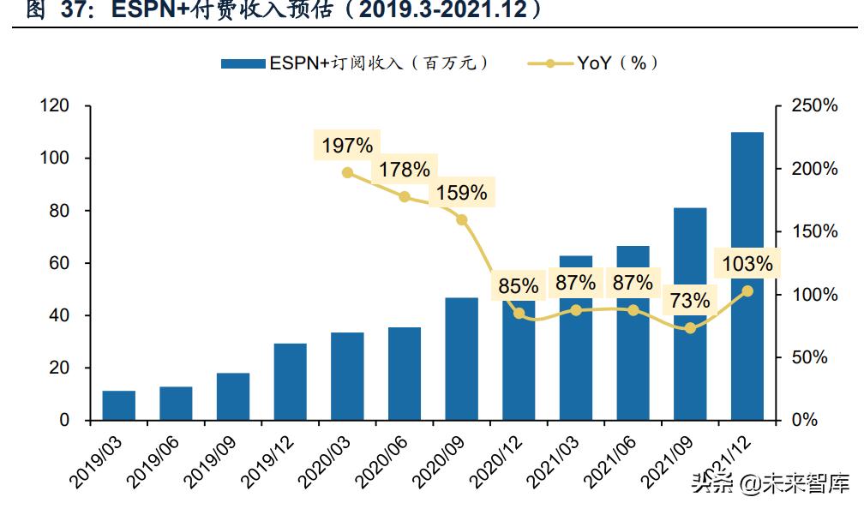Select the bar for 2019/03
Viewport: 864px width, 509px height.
119,405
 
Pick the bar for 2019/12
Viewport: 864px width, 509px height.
291,381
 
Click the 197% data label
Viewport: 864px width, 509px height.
347,146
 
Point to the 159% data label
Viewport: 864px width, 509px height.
461,193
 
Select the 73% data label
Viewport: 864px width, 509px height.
690,301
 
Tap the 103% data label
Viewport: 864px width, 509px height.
747,264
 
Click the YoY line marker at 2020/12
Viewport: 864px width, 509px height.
519,314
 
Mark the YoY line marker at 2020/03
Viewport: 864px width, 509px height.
347,172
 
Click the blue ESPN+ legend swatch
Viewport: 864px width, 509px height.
243,63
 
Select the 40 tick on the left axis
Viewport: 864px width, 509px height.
59,315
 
